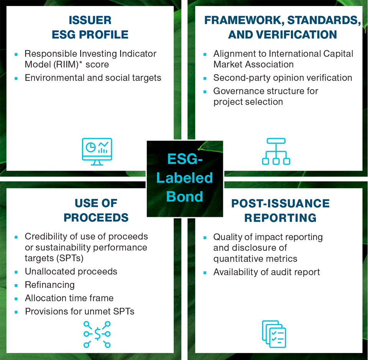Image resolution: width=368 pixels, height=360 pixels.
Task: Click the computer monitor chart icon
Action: click(97, 151)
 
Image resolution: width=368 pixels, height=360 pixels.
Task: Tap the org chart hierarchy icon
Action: click(276, 151)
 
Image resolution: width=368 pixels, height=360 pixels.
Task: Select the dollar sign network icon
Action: click(97, 334)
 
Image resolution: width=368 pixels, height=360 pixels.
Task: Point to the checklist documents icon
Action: click(274, 334)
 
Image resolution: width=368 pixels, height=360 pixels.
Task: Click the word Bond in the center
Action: click(185, 196)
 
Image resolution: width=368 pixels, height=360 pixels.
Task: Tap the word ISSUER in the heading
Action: click(90, 20)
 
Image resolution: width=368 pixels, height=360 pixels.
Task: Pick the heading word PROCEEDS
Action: click(96, 217)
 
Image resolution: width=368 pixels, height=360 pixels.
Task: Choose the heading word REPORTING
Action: click(280, 217)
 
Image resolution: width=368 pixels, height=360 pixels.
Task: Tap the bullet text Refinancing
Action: click(50, 285)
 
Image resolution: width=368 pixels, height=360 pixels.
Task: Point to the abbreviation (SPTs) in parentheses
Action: click(70, 258)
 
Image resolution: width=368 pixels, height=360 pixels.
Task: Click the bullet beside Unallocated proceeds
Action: click(16, 272)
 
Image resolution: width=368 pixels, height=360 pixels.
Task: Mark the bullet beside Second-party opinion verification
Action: click(205, 78)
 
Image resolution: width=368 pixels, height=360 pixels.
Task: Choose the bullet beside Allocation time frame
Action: click(16, 298)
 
